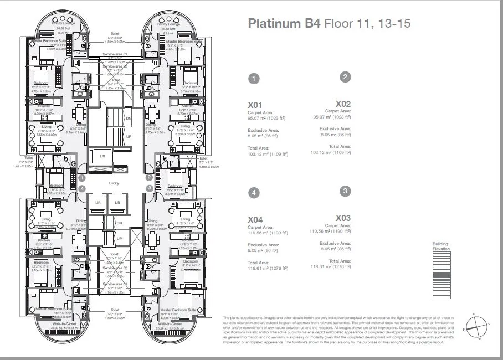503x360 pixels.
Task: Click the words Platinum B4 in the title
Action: click(x=284, y=23)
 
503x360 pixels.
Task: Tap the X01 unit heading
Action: click(x=255, y=104)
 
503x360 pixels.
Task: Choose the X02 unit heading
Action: click(x=343, y=104)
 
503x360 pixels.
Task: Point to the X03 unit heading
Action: click(x=343, y=218)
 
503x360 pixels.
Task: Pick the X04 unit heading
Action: click(x=255, y=219)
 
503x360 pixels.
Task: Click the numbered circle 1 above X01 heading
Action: click(x=253, y=79)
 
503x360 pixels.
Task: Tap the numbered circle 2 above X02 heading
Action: click(x=345, y=77)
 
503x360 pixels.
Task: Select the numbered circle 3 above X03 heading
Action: click(x=345, y=191)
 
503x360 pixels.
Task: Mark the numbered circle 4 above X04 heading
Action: click(x=253, y=193)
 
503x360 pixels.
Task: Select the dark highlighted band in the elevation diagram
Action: click(x=441, y=275)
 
